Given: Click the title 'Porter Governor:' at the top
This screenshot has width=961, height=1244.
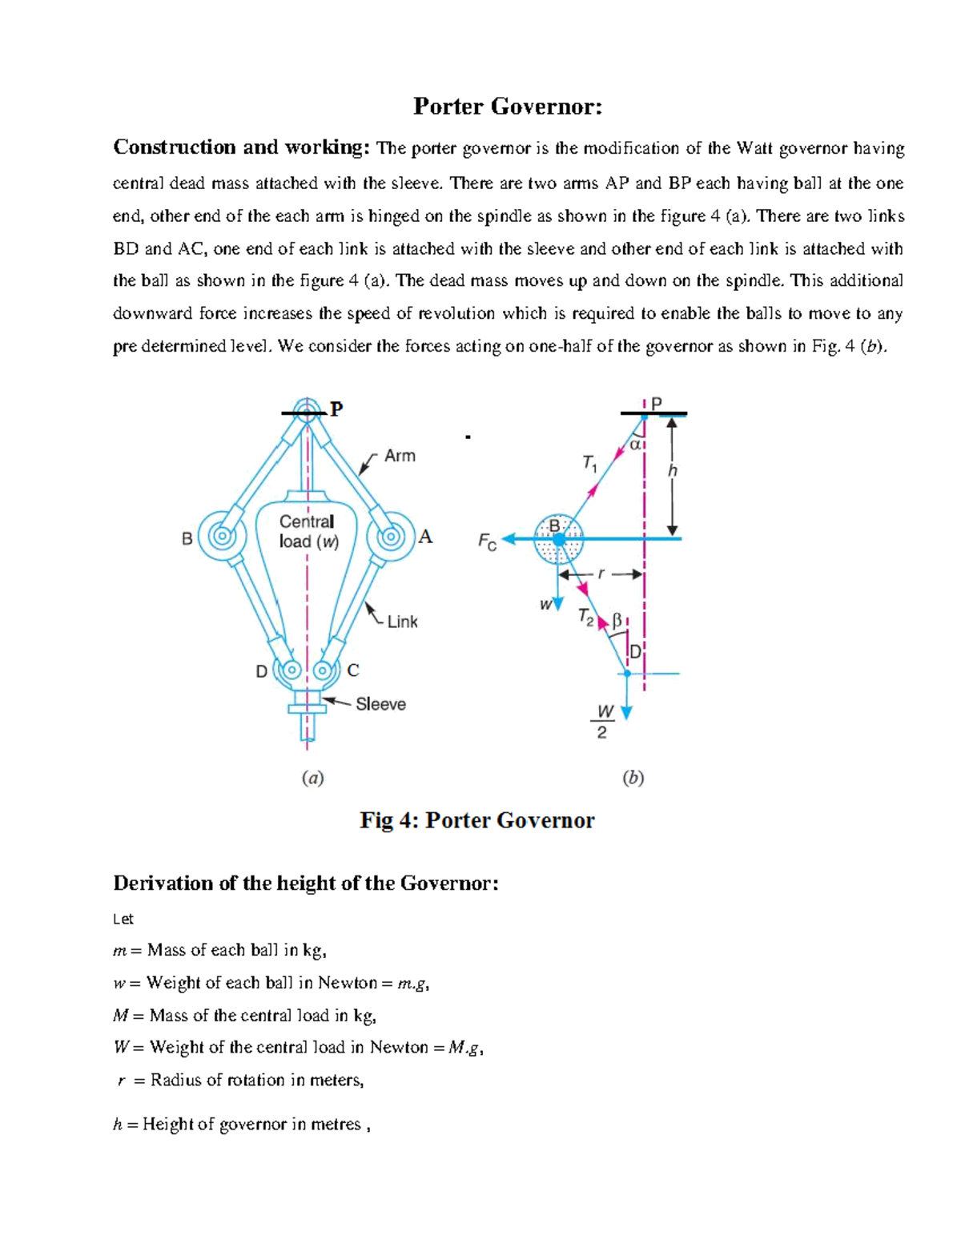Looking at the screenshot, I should click(x=507, y=107).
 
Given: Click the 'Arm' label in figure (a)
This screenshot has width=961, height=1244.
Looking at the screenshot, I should click(x=400, y=456).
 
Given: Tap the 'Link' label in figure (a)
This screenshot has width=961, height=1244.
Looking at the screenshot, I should click(x=402, y=622).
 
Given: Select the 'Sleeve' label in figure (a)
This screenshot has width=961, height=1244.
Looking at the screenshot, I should click(x=380, y=704).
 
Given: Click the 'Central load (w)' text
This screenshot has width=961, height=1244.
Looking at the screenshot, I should click(x=308, y=531).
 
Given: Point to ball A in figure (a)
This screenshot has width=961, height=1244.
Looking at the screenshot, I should click(x=391, y=536).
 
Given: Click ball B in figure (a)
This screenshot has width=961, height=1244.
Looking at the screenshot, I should click(x=221, y=537).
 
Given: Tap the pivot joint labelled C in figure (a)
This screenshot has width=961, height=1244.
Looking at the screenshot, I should click(x=324, y=670).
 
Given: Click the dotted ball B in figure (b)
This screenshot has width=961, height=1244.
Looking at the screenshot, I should click(x=558, y=539).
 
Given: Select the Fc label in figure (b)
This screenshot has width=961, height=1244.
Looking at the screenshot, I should click(x=487, y=542).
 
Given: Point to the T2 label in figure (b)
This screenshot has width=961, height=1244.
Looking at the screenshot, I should click(x=586, y=618).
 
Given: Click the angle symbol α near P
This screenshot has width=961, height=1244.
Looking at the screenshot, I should click(x=635, y=444).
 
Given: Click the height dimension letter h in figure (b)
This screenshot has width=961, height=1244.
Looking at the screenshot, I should click(x=673, y=471).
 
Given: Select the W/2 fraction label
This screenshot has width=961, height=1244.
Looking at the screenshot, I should click(x=604, y=722).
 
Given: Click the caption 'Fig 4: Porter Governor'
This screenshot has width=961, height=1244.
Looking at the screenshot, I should click(x=477, y=820).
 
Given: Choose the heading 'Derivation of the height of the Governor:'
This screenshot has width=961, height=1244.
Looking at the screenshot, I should click(x=306, y=884).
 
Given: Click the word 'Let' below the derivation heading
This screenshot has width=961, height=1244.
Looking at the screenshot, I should click(x=123, y=919).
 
